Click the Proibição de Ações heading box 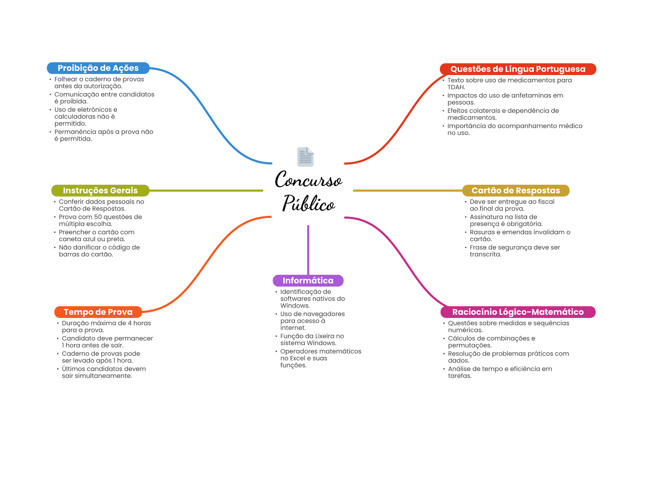98,68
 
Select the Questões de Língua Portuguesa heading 518,69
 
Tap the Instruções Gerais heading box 100,191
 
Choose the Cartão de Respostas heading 516,191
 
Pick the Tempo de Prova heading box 98,312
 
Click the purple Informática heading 308,281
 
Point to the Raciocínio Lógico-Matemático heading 518,312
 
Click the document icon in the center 305,157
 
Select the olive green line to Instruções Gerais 207,191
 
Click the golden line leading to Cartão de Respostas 407,191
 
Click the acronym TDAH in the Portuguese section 456,87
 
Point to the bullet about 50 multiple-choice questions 100,220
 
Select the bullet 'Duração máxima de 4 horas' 106,327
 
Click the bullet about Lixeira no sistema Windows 312,340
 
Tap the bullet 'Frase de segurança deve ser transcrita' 515,251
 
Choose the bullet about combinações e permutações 491,342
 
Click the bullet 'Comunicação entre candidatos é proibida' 104,98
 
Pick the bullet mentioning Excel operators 320,358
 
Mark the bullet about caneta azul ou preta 96,236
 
